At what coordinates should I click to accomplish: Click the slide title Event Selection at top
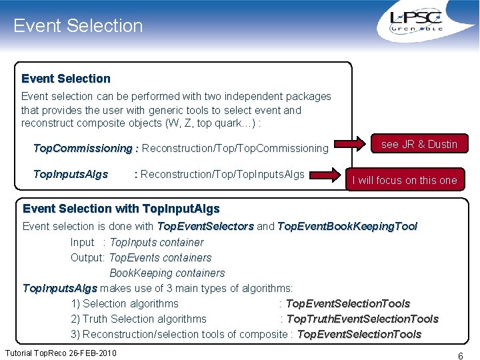pyautogui.click(x=78, y=26)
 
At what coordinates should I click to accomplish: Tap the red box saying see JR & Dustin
pyautogui.click(x=419, y=144)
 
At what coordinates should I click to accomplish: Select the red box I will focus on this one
pyautogui.click(x=405, y=180)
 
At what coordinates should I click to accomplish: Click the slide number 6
pyautogui.click(x=460, y=356)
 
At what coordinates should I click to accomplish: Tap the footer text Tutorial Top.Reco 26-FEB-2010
pyautogui.click(x=61, y=352)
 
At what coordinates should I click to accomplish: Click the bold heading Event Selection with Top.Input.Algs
pyautogui.click(x=121, y=209)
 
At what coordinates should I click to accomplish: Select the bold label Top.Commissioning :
pyautogui.click(x=85, y=148)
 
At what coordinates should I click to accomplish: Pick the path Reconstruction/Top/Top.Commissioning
pyautogui.click(x=235, y=148)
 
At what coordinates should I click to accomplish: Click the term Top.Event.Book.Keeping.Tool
pyautogui.click(x=347, y=227)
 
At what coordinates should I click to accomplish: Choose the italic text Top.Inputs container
pyautogui.click(x=157, y=242)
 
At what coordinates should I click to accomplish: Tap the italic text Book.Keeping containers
pyautogui.click(x=167, y=273)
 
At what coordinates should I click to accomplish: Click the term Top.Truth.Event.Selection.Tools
pyautogui.click(x=362, y=319)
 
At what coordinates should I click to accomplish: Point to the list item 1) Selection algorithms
pyautogui.click(x=125, y=303)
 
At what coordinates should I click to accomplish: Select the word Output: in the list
pyautogui.click(x=88, y=257)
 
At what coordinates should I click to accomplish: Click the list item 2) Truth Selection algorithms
pyautogui.click(x=139, y=319)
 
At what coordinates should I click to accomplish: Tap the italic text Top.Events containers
pyautogui.click(x=160, y=257)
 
